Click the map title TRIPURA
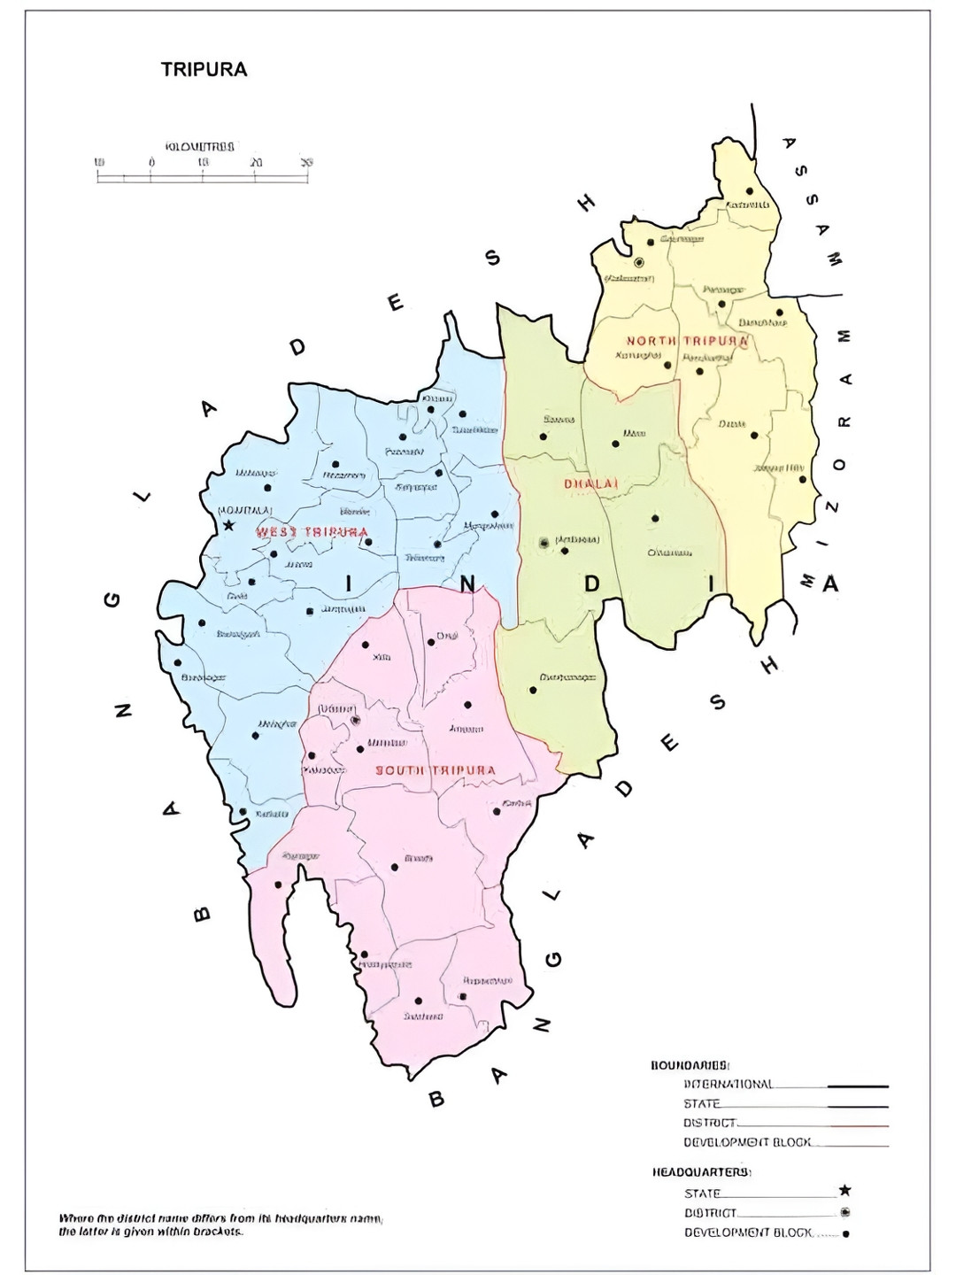coord(204,70)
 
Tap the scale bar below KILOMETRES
coord(203,177)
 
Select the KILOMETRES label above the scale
coord(200,145)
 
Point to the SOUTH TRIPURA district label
coord(436,770)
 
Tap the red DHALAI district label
coord(590,483)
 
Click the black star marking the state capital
coord(228,525)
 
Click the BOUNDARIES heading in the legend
coord(690,1065)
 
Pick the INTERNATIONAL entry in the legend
coord(729,1085)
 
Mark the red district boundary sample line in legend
coord(858,1125)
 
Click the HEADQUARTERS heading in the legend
coord(702,1172)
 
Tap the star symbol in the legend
coord(844,1192)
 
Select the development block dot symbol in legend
coord(845,1234)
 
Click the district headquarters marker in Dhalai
coord(544,543)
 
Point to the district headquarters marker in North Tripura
coord(639,262)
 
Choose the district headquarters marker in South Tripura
coord(355,720)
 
